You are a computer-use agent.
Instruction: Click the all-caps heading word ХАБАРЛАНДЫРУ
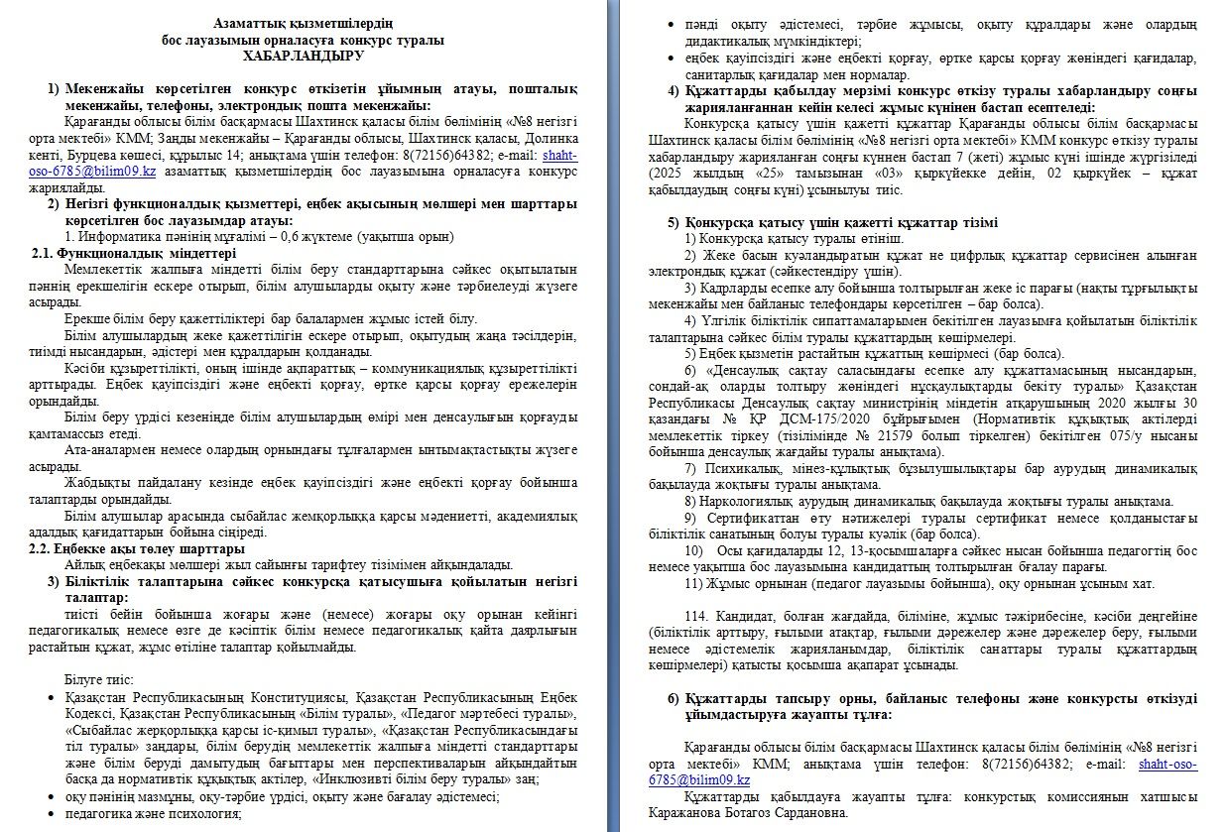[x=303, y=56]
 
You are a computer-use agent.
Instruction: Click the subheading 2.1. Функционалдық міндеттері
[x=134, y=253]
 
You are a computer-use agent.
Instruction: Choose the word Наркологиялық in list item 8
[x=742, y=502]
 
